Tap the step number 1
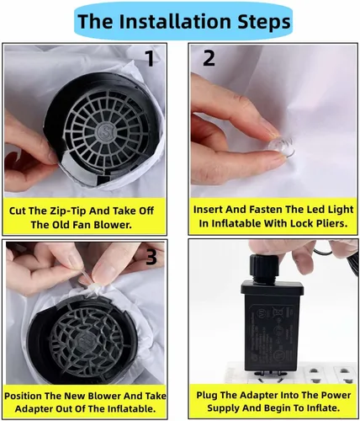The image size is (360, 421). click(151, 58)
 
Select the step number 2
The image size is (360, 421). click(209, 58)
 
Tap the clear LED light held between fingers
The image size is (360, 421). click(281, 147)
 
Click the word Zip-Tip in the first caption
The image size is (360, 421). click(67, 210)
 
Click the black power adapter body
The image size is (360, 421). click(272, 326)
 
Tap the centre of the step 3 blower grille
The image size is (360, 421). click(84, 341)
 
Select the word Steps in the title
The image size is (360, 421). click(264, 22)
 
